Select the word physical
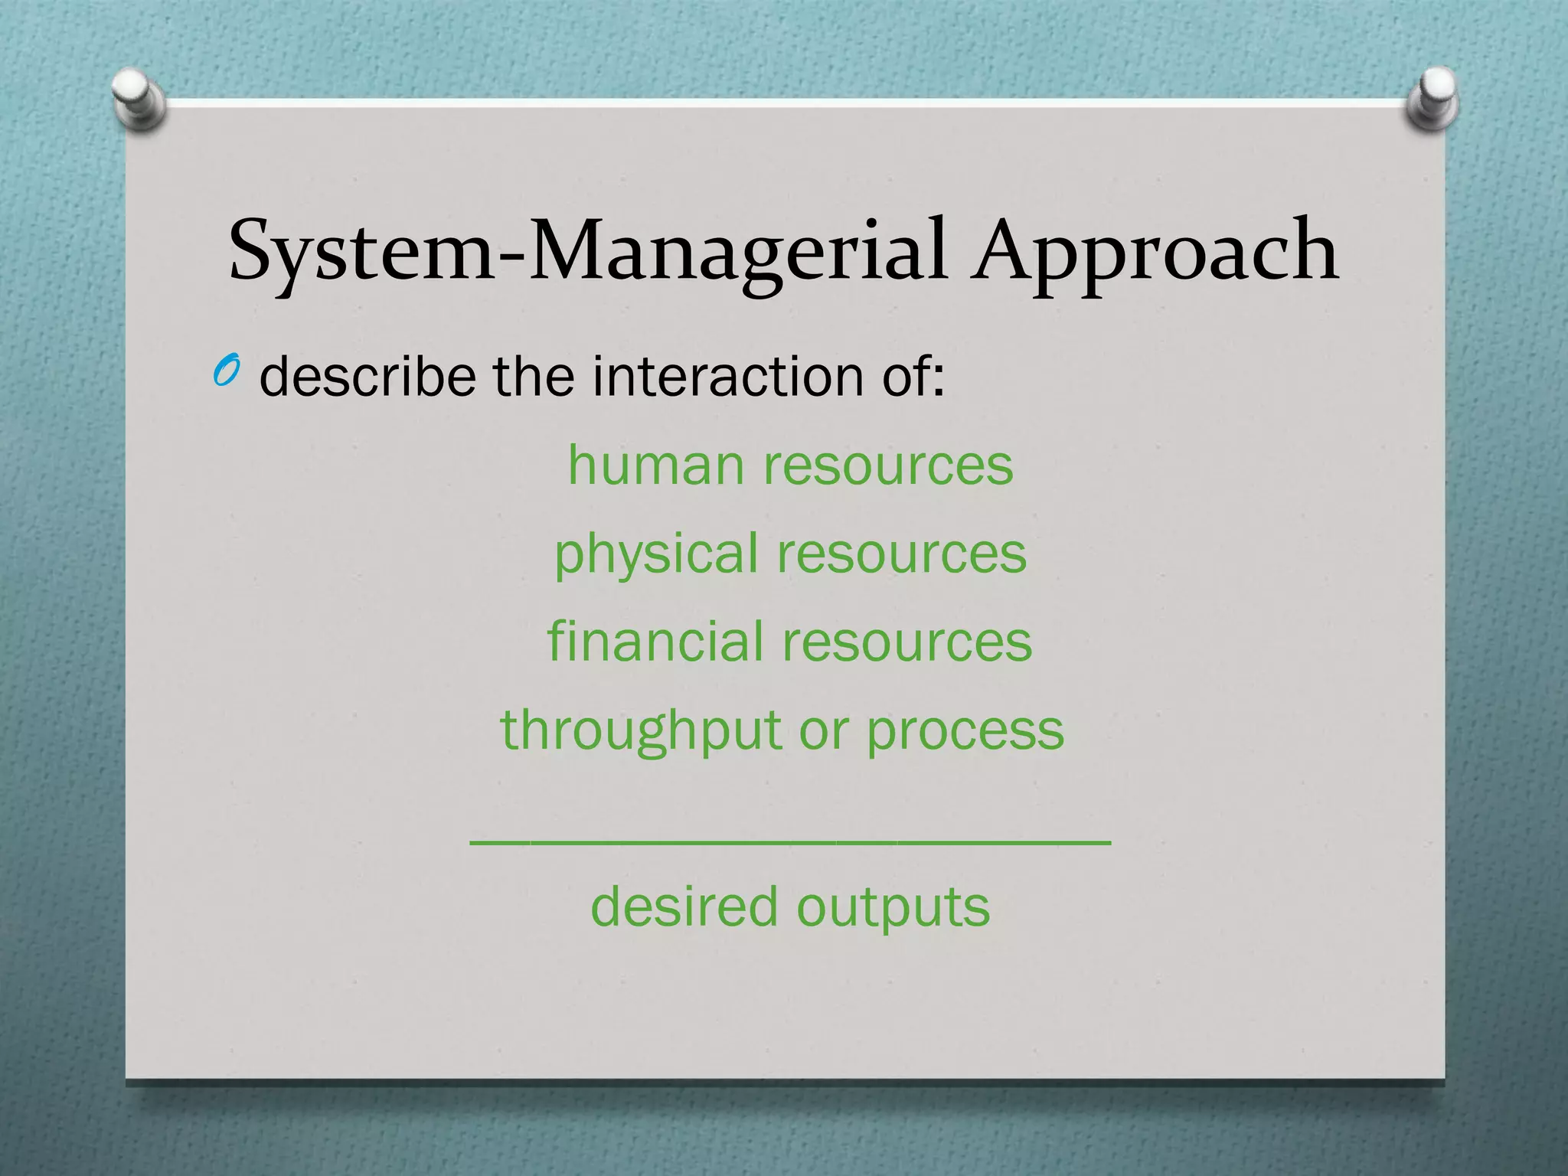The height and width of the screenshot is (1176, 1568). [656, 554]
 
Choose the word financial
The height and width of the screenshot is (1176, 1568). [655, 641]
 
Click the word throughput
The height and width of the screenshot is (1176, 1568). [640, 730]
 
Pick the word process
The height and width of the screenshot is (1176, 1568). [965, 730]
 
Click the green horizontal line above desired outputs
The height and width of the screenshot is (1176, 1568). [790, 842]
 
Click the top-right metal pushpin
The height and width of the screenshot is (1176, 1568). [1433, 98]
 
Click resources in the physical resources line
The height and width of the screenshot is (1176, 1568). [902, 553]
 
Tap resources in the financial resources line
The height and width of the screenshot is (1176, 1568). [906, 642]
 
